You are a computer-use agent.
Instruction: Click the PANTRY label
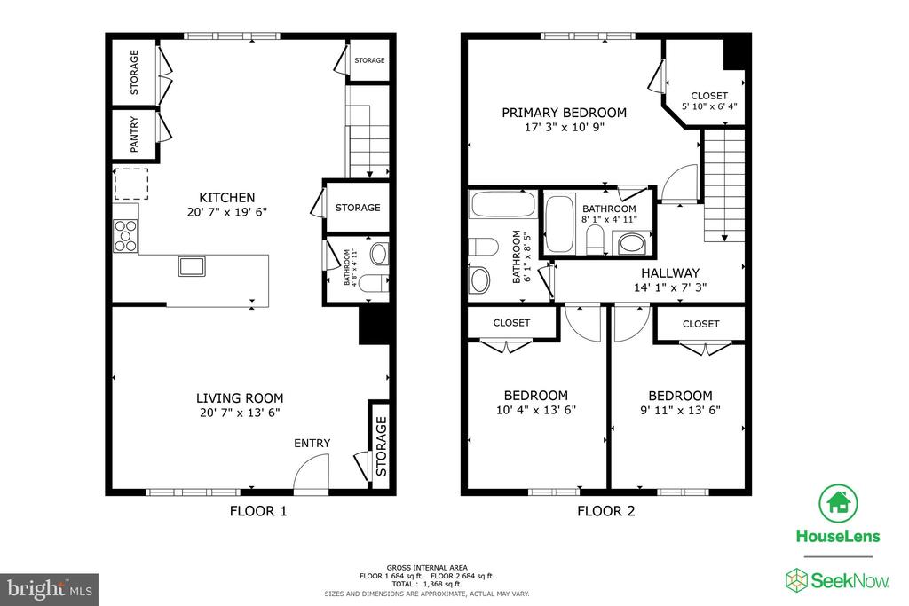pos(135,137)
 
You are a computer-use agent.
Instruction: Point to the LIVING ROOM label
pos(240,398)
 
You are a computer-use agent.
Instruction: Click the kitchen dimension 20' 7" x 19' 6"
pos(226,212)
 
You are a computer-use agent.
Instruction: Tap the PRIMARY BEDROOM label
pos(564,113)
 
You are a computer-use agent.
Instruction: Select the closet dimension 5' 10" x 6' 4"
pos(709,106)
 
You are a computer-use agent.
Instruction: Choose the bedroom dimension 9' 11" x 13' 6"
pos(679,410)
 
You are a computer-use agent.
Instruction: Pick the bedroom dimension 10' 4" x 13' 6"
pos(535,410)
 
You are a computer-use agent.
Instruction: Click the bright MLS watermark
pos(49,588)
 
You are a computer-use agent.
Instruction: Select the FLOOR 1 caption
pos(257,511)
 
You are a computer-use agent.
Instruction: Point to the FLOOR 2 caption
pos(605,511)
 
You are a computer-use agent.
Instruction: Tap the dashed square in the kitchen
pos(130,184)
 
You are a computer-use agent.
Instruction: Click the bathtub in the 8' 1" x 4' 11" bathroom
pos(559,224)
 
